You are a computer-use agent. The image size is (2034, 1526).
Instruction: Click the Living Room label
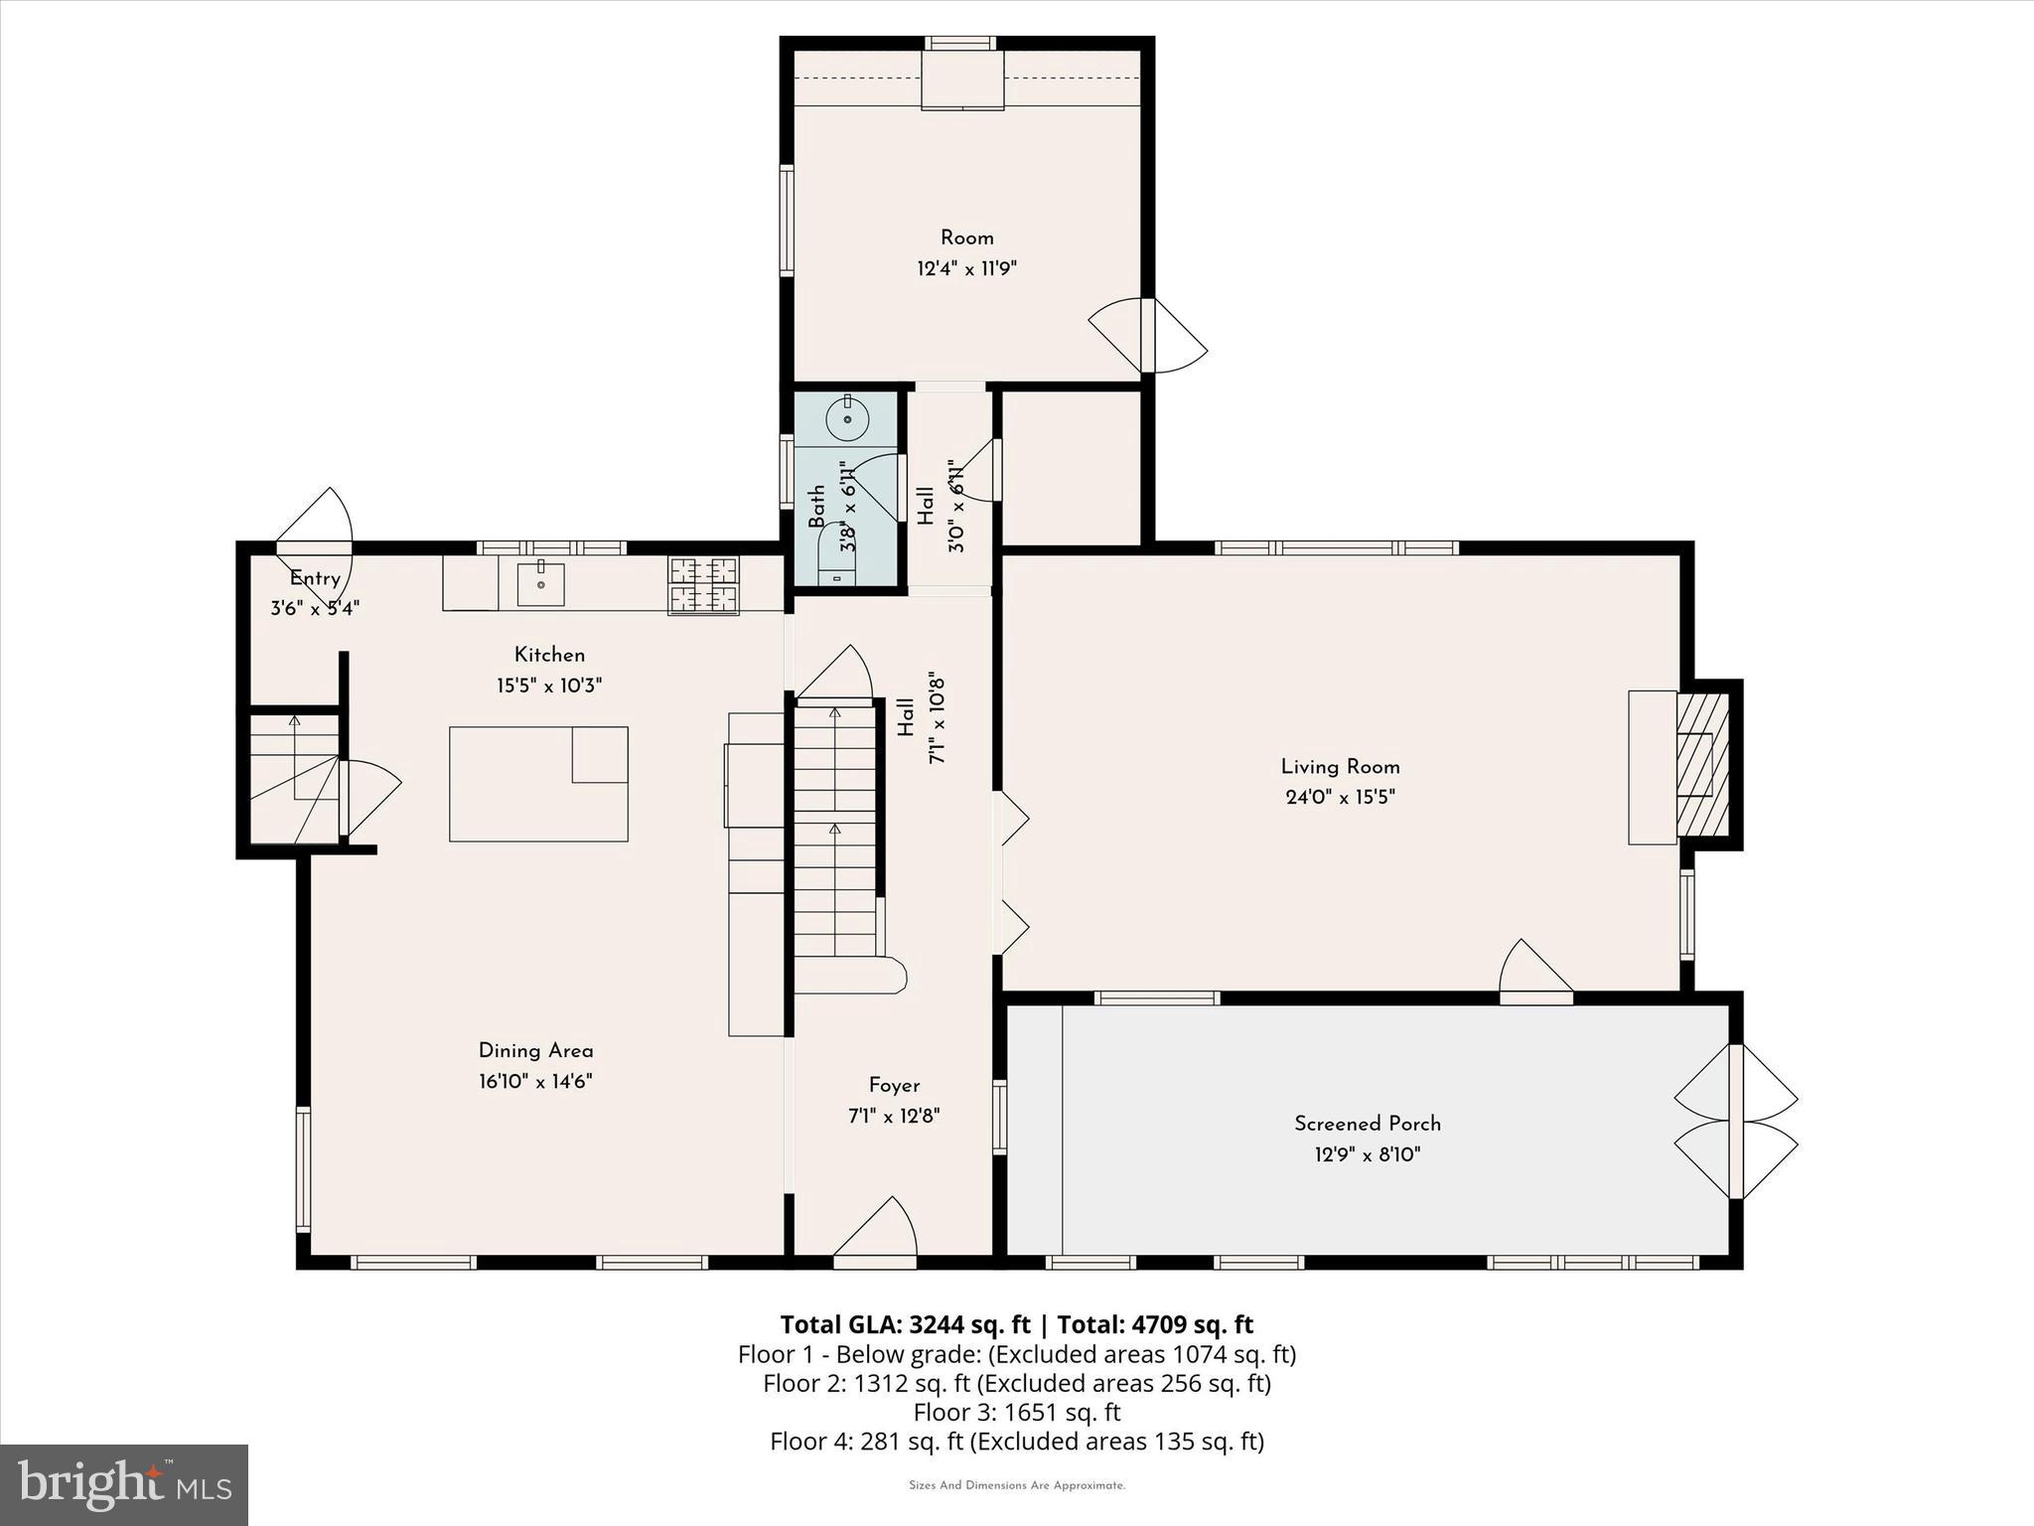click(1340, 767)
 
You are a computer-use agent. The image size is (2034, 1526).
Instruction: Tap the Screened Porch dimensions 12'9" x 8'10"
click(1368, 1154)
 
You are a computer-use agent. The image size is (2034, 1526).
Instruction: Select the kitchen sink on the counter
click(540, 584)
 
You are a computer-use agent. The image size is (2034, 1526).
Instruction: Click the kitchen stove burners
click(703, 584)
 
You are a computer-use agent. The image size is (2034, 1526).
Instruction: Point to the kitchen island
click(538, 784)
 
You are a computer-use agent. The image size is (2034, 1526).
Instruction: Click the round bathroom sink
click(847, 419)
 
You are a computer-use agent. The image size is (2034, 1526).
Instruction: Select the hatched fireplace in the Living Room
click(1702, 764)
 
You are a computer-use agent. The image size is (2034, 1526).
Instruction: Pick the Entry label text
click(315, 578)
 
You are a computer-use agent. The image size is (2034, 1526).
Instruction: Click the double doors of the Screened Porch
click(1736, 1122)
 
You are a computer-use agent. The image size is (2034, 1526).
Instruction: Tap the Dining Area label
click(535, 1051)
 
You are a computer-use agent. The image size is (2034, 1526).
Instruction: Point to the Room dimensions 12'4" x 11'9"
click(966, 268)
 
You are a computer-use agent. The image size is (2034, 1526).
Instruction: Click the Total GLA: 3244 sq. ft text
click(905, 1324)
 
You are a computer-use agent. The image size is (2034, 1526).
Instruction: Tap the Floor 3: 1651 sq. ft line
click(1016, 1412)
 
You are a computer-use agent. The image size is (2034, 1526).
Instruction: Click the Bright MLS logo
click(123, 1484)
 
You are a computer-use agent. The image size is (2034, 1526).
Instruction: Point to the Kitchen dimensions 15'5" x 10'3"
click(549, 686)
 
